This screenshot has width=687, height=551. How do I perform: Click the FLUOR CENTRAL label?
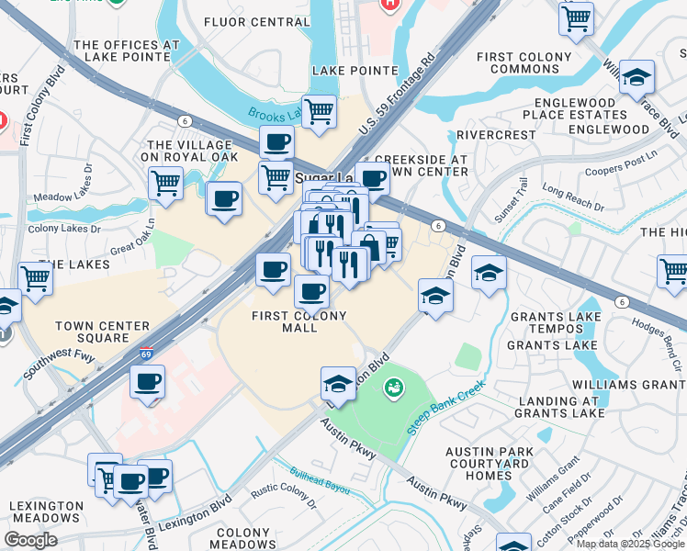(x=243, y=21)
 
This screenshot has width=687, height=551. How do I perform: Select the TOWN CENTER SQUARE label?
(x=102, y=332)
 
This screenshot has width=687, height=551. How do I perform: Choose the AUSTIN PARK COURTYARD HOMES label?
(x=490, y=463)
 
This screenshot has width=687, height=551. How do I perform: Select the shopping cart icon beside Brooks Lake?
(x=319, y=111)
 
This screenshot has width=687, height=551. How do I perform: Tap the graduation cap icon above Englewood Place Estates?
(x=636, y=78)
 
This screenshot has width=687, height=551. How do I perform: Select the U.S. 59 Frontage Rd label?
(x=396, y=95)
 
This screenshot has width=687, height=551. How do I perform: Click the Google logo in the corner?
(x=29, y=540)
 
